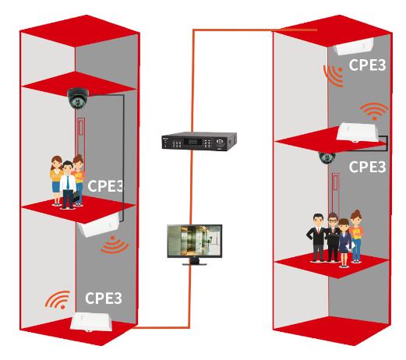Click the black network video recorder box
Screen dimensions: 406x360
[199, 141]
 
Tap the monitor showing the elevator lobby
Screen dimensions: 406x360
[195, 244]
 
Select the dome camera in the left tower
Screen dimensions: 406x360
[78, 98]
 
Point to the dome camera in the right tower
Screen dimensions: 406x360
[327, 157]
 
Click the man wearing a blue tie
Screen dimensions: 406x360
[68, 185]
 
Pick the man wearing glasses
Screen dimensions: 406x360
[333, 237]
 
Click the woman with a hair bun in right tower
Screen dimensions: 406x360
[356, 236]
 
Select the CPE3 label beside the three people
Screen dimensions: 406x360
[105, 186]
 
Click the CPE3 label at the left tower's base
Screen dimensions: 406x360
[104, 298]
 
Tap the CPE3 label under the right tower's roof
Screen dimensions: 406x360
[367, 65]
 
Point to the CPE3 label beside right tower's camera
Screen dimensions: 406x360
[367, 167]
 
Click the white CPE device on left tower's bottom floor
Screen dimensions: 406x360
[91, 322]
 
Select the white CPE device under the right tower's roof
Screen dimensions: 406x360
[354, 46]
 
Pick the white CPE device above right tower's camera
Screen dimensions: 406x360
[358, 132]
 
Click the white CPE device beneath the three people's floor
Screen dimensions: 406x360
[99, 224]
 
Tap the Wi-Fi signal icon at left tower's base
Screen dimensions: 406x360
[58, 300]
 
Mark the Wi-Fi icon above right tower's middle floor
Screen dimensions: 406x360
[374, 111]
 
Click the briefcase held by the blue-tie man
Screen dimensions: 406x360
[76, 197]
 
